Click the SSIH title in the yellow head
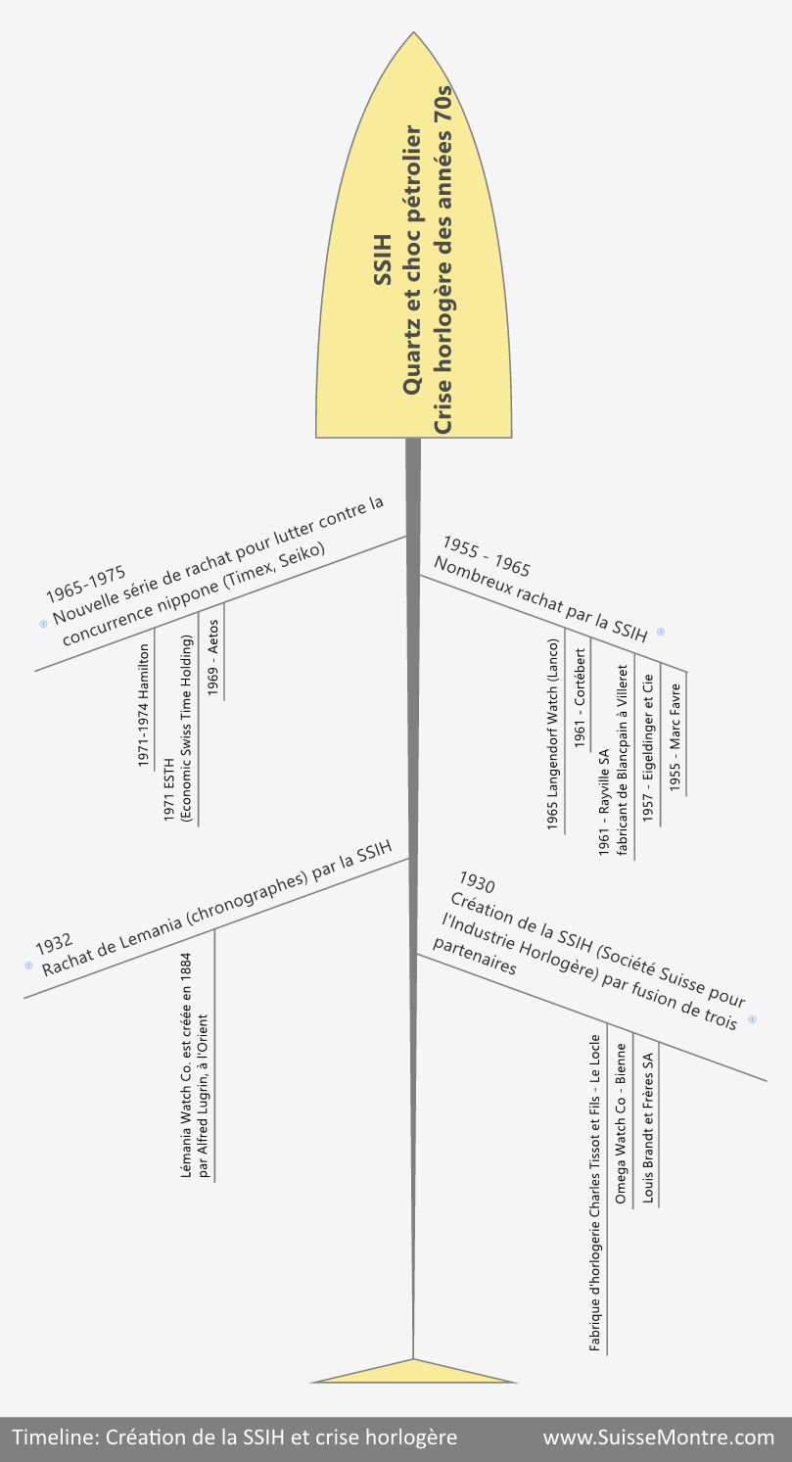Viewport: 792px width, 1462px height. pos(383,259)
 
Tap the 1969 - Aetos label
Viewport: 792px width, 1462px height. pos(213,658)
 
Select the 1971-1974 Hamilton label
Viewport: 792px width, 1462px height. pos(144,706)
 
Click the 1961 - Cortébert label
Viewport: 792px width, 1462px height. pos(580,698)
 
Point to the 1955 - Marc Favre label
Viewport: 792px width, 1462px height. pos(676,737)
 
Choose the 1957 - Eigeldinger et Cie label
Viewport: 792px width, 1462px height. pos(648,748)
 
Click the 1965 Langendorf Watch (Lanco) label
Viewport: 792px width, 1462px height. pos(552,734)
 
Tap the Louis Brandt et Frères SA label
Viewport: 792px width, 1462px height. pos(648,1128)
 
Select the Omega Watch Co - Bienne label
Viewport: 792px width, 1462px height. pos(621,1123)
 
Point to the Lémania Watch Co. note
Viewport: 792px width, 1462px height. pos(195,1065)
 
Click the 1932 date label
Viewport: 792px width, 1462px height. pos(54,944)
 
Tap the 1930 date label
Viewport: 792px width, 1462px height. pos(477,882)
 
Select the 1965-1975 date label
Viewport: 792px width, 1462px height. pos(85,585)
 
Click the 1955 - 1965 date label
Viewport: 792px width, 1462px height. pos(487,556)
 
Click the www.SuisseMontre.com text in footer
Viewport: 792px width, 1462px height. pos(659,1438)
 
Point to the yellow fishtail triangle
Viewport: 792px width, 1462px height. pos(413,1373)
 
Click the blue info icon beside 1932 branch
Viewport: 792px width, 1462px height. pos(28,966)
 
